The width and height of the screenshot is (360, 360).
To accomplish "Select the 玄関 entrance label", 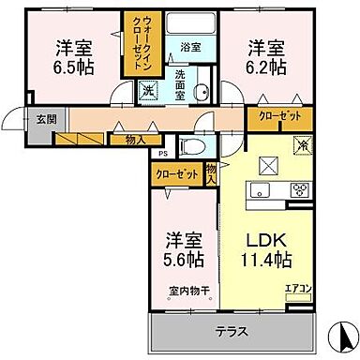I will [21, 119].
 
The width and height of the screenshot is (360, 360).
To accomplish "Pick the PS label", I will [162, 154].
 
